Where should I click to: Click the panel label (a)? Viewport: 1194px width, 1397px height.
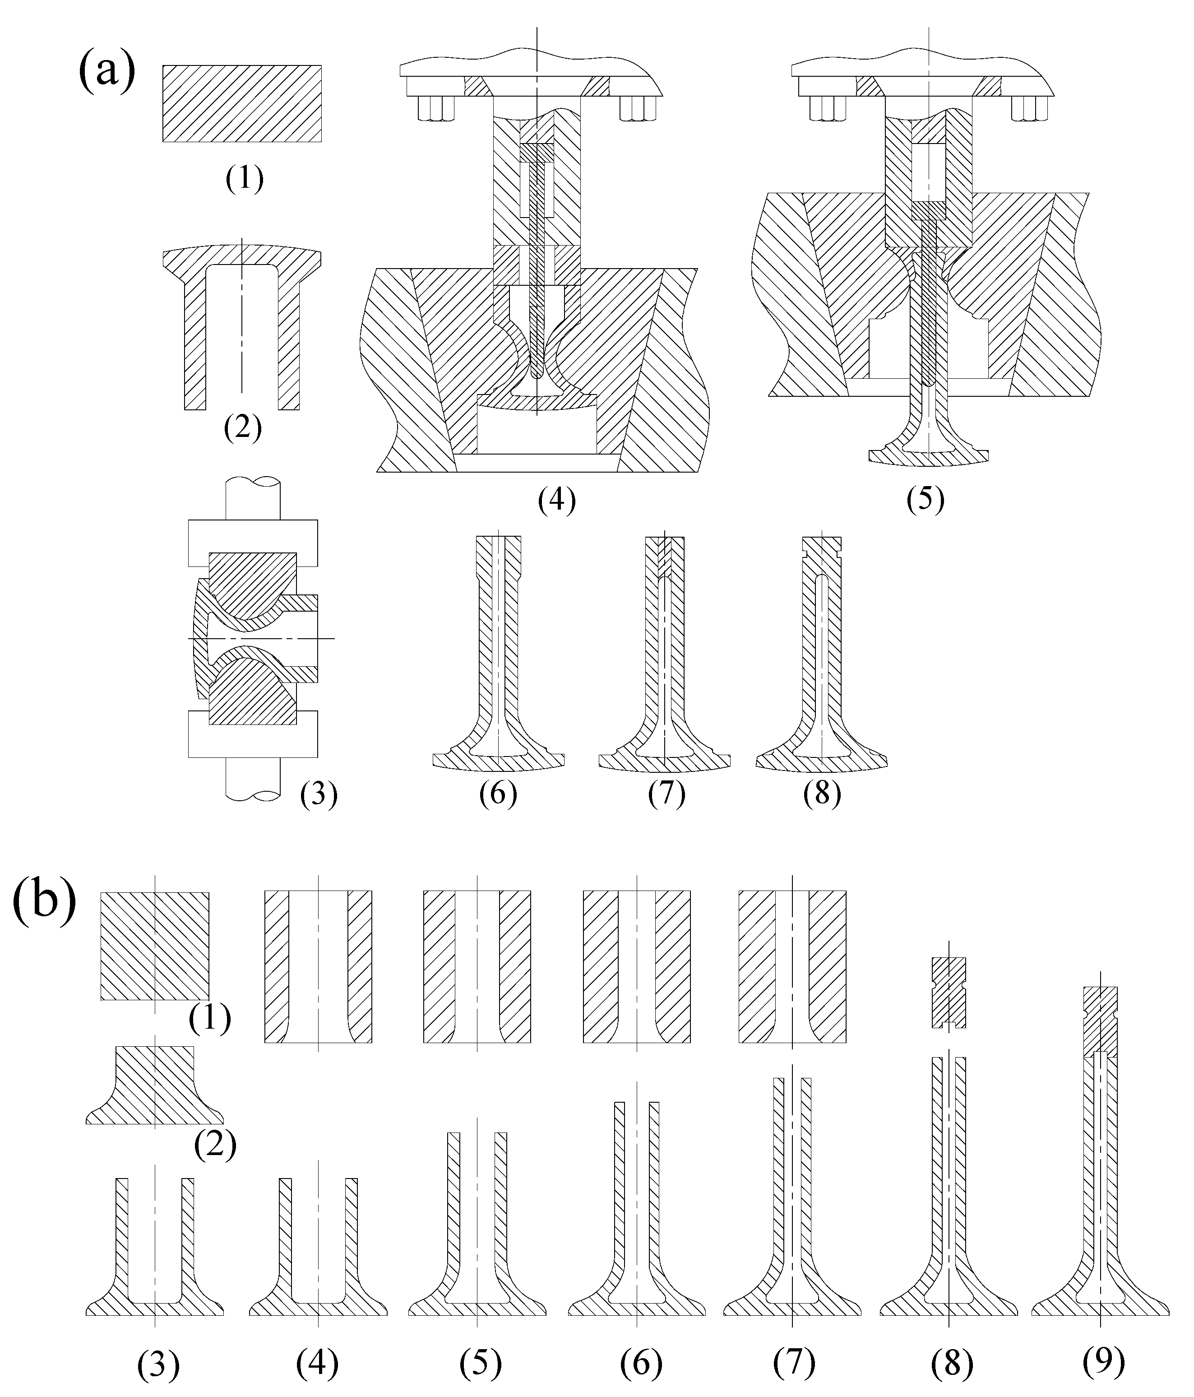tap(106, 71)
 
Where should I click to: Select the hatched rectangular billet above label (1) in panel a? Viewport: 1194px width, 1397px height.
tap(241, 103)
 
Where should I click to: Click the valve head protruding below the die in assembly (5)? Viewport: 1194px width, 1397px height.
tap(928, 455)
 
